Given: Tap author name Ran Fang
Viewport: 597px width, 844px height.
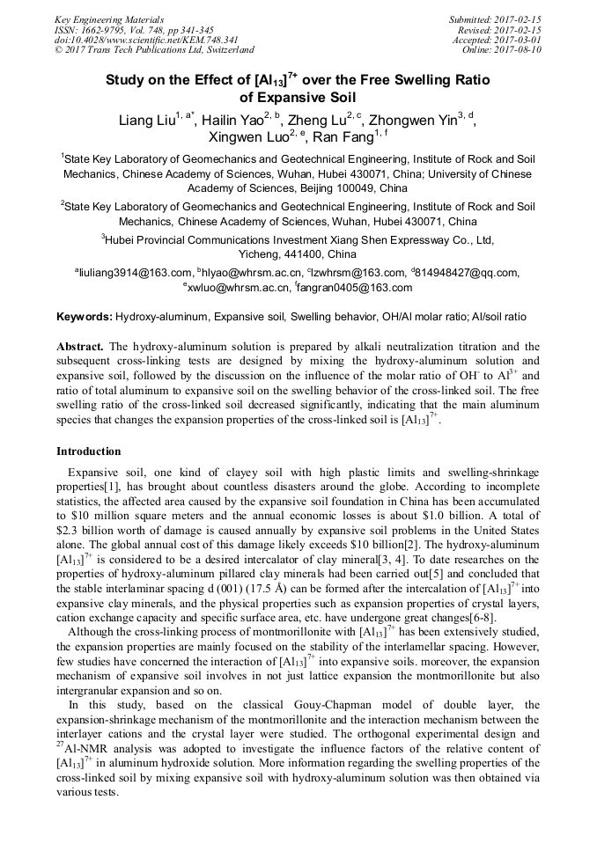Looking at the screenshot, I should point(343,137).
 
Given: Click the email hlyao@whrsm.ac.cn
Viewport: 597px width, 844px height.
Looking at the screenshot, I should point(253,273).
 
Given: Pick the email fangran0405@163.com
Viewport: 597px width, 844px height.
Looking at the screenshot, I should point(356,288).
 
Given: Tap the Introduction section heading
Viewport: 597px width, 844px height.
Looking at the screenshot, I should point(89,451).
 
